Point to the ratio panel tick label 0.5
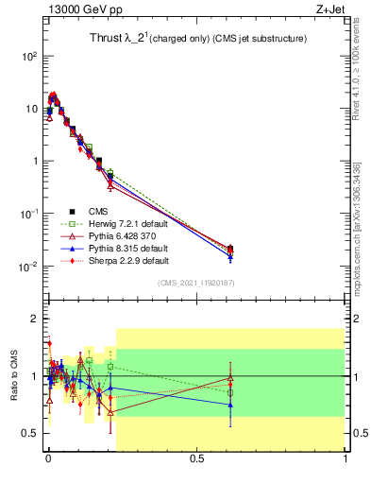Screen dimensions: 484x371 tap(28, 433)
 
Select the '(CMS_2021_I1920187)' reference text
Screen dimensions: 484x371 tap(195, 283)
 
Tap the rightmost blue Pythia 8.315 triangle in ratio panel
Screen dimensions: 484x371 tap(230, 405)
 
